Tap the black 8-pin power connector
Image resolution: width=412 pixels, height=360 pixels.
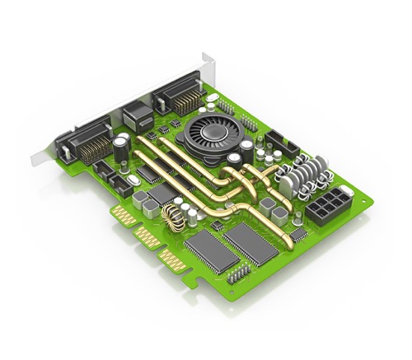(x=327, y=203)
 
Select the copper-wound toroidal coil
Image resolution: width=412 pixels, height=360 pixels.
(x=174, y=218)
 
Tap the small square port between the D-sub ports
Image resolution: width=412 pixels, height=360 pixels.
(x=135, y=115)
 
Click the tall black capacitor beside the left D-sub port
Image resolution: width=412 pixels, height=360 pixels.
(x=121, y=148)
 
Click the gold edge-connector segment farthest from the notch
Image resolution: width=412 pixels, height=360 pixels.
(x=123, y=216)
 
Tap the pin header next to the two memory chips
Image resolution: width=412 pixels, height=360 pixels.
(x=239, y=272)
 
